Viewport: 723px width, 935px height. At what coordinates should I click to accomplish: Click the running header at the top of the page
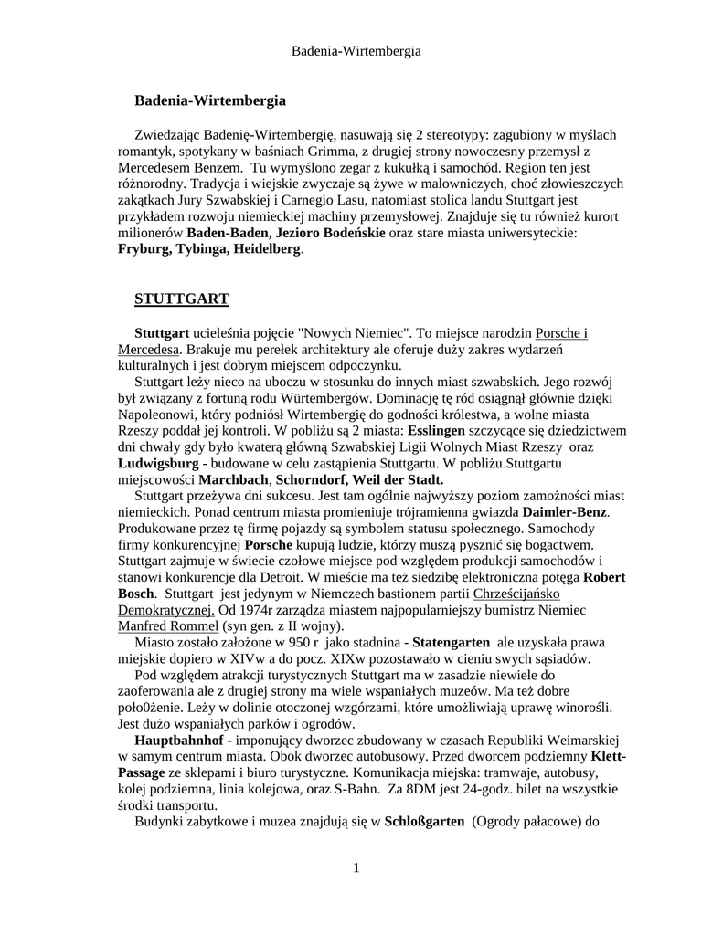356,51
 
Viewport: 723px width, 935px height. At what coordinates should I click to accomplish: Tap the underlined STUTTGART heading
181,299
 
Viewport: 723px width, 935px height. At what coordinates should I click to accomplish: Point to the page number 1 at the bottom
356,867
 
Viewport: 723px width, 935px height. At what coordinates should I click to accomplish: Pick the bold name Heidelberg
266,249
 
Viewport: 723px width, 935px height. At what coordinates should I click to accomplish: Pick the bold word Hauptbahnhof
177,741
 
